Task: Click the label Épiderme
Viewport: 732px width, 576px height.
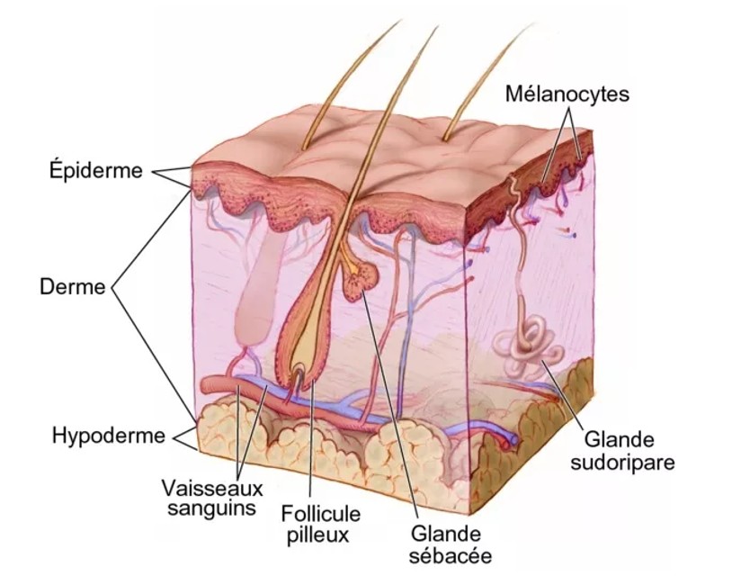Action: [x=94, y=170]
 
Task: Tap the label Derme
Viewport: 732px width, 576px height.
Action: [x=73, y=288]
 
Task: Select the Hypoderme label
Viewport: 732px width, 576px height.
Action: [x=109, y=436]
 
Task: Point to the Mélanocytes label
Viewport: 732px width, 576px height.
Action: [x=567, y=93]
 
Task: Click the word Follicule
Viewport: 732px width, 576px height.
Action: [x=321, y=514]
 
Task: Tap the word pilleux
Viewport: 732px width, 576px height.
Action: [x=321, y=534]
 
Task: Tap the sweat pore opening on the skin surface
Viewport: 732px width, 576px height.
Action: [x=514, y=184]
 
